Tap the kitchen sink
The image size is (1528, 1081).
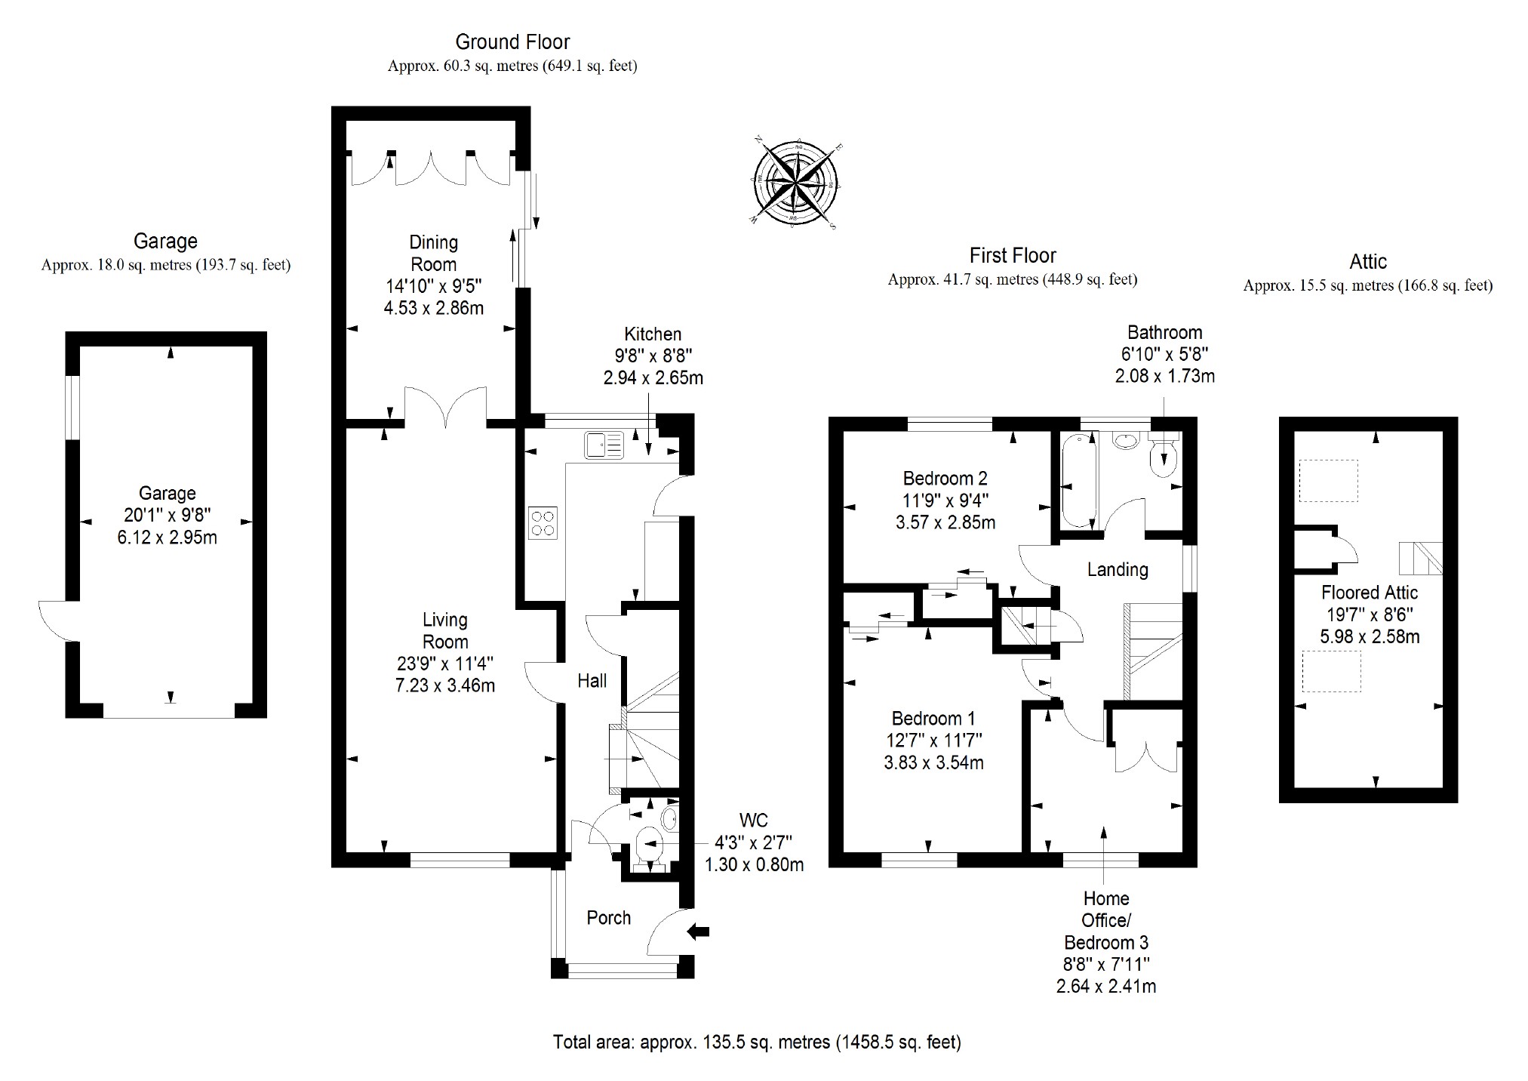coord(603,445)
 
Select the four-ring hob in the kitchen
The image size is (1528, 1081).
coord(543,522)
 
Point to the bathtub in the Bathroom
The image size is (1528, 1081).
coord(1078,481)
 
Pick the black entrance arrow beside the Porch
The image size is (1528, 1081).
coord(699,932)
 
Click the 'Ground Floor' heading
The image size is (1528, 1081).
coord(512,42)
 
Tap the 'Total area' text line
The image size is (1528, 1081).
coord(757,1043)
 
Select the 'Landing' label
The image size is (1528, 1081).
coord(1118,569)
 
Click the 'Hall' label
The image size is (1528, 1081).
coord(592,681)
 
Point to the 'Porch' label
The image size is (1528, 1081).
coord(608,918)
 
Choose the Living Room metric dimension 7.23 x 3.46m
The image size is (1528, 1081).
coord(445,685)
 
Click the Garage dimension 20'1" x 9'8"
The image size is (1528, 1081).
coord(167,516)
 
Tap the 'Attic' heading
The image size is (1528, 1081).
coord(1367,262)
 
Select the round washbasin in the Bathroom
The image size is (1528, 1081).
coord(1125,440)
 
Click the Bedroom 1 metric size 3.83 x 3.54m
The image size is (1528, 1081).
coord(933,762)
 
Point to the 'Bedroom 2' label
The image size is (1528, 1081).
coord(945,478)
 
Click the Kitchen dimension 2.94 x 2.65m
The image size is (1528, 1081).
coord(653,377)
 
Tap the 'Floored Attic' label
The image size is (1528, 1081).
coord(1369,593)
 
